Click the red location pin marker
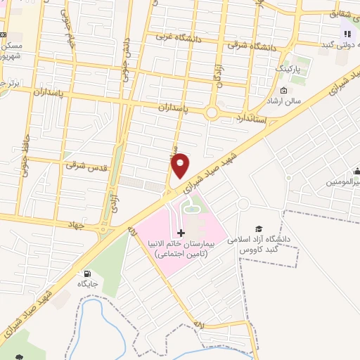tap(181, 165)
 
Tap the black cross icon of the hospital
tap(181, 233)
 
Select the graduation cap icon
tap(259, 229)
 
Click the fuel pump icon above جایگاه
tap(87, 274)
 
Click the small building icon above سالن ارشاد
tap(283, 90)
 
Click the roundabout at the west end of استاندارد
tap(212, 113)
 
